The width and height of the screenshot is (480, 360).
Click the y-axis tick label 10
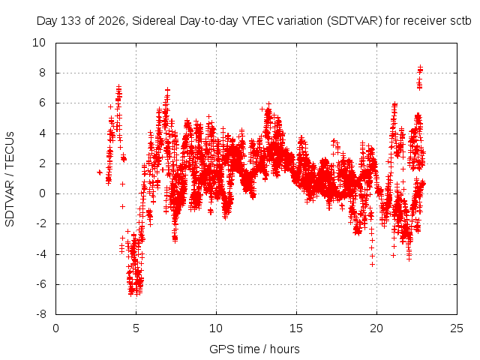click(x=39, y=43)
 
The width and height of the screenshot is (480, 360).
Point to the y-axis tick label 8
click(x=42, y=73)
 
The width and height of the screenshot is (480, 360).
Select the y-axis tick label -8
click(x=40, y=314)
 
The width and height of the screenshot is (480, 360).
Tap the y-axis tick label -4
click(x=40, y=254)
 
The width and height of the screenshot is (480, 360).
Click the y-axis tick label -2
click(x=40, y=223)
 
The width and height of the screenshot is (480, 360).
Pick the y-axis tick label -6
click(x=40, y=284)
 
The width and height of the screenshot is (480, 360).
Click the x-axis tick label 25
click(x=457, y=328)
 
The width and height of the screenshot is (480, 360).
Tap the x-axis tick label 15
click(x=296, y=328)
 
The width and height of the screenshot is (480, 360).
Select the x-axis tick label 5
click(x=136, y=328)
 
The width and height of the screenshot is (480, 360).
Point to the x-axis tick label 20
click(x=376, y=328)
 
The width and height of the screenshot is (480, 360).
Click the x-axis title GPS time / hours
click(x=254, y=349)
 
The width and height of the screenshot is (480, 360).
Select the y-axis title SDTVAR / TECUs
click(x=10, y=179)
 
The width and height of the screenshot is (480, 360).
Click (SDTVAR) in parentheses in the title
click(x=355, y=21)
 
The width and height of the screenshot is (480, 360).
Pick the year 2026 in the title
click(x=112, y=21)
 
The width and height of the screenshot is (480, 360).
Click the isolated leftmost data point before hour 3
click(x=99, y=172)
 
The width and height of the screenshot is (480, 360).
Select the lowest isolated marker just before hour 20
click(x=372, y=264)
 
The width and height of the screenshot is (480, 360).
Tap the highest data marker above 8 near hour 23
click(x=420, y=67)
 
